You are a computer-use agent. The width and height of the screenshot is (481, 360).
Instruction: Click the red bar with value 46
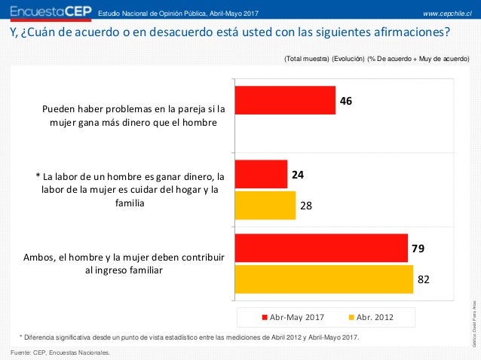pyautogui.click(x=285, y=100)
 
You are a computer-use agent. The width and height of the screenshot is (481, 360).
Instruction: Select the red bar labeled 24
pyautogui.click(x=261, y=174)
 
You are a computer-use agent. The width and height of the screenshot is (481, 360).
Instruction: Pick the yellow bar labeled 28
pyautogui.click(x=265, y=205)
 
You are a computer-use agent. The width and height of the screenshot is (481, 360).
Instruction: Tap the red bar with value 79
pyautogui.click(x=321, y=248)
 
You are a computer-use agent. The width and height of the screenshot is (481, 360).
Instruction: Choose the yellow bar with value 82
pyautogui.click(x=323, y=279)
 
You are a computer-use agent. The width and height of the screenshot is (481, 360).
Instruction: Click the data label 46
pyautogui.click(x=346, y=100)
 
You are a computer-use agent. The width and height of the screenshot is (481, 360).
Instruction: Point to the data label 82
pyautogui.click(x=424, y=279)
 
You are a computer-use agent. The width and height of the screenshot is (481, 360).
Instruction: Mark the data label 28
pyautogui.click(x=306, y=205)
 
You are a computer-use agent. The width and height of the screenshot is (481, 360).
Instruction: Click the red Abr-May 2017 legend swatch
pyautogui.click(x=264, y=317)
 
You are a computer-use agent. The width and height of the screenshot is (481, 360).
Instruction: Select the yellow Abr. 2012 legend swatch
pyautogui.click(x=351, y=317)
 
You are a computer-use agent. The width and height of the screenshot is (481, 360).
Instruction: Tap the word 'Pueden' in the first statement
pyautogui.click(x=61, y=108)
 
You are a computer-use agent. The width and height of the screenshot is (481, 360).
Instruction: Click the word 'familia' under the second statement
pyautogui.click(x=129, y=203)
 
